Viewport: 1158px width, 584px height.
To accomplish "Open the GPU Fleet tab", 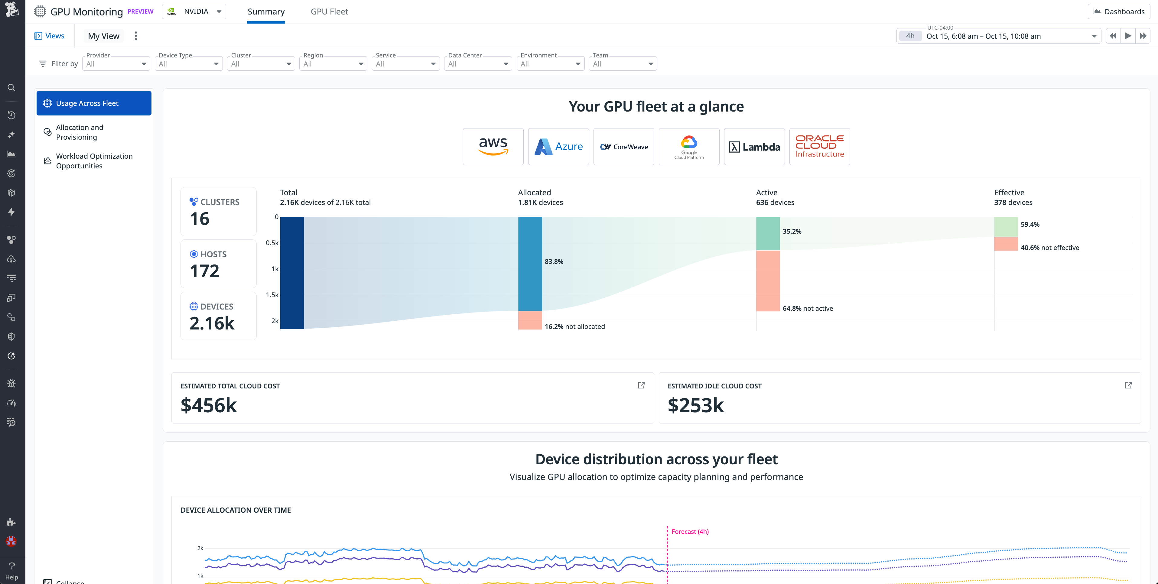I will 329,12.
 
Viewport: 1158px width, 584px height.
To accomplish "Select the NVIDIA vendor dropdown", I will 194,12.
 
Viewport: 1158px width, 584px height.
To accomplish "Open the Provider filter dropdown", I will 116,64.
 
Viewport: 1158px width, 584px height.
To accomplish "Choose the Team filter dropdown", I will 622,64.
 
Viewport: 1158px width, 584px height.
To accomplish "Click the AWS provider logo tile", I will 493,147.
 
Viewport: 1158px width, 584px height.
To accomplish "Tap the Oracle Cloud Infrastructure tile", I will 819,147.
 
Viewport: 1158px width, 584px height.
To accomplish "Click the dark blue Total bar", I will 292,273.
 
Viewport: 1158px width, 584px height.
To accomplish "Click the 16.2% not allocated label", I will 574,327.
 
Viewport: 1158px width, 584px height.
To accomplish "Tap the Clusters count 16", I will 200,219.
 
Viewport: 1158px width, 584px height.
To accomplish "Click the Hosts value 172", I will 204,271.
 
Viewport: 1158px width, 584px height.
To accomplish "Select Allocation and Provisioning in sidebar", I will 80,132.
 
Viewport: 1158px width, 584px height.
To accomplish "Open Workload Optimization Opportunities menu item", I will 94,161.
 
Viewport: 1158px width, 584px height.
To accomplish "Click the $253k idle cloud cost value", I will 695,406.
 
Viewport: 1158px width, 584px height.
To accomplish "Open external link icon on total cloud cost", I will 641,385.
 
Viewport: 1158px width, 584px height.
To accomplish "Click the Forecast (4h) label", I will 690,531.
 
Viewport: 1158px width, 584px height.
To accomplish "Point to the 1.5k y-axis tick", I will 272,295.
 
